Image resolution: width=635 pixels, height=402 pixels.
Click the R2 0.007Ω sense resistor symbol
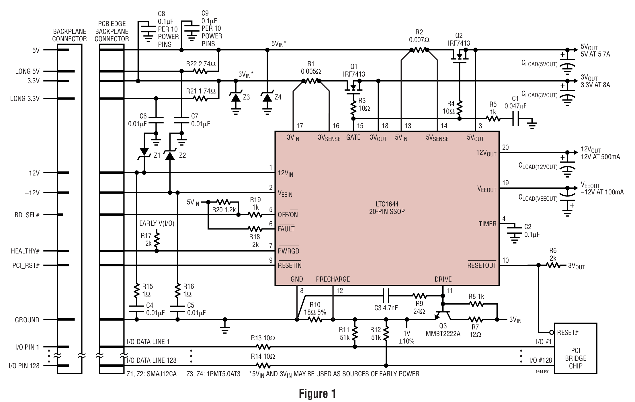[419, 50]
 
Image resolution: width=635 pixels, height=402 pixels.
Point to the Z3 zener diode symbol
[236, 98]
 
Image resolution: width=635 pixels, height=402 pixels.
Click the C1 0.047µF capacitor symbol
[516, 118]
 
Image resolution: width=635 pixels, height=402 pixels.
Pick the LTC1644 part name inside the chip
[387, 204]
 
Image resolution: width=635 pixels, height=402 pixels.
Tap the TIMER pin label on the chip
[487, 224]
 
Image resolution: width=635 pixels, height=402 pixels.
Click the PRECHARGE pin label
[333, 279]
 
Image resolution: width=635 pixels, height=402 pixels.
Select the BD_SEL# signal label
[27, 215]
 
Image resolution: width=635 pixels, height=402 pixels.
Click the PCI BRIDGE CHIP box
[575, 348]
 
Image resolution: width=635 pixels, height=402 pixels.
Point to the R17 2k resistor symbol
[157, 240]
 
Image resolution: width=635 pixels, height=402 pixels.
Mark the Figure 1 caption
[317, 393]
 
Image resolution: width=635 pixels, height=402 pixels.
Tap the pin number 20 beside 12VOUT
[505, 147]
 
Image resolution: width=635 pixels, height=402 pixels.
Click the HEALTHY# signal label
[25, 251]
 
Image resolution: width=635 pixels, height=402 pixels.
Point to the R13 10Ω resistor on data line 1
[263, 347]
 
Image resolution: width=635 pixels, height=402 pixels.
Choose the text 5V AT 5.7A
[595, 54]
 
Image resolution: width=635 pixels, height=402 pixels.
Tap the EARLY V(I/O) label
[157, 223]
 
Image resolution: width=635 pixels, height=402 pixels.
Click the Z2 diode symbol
[170, 155]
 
